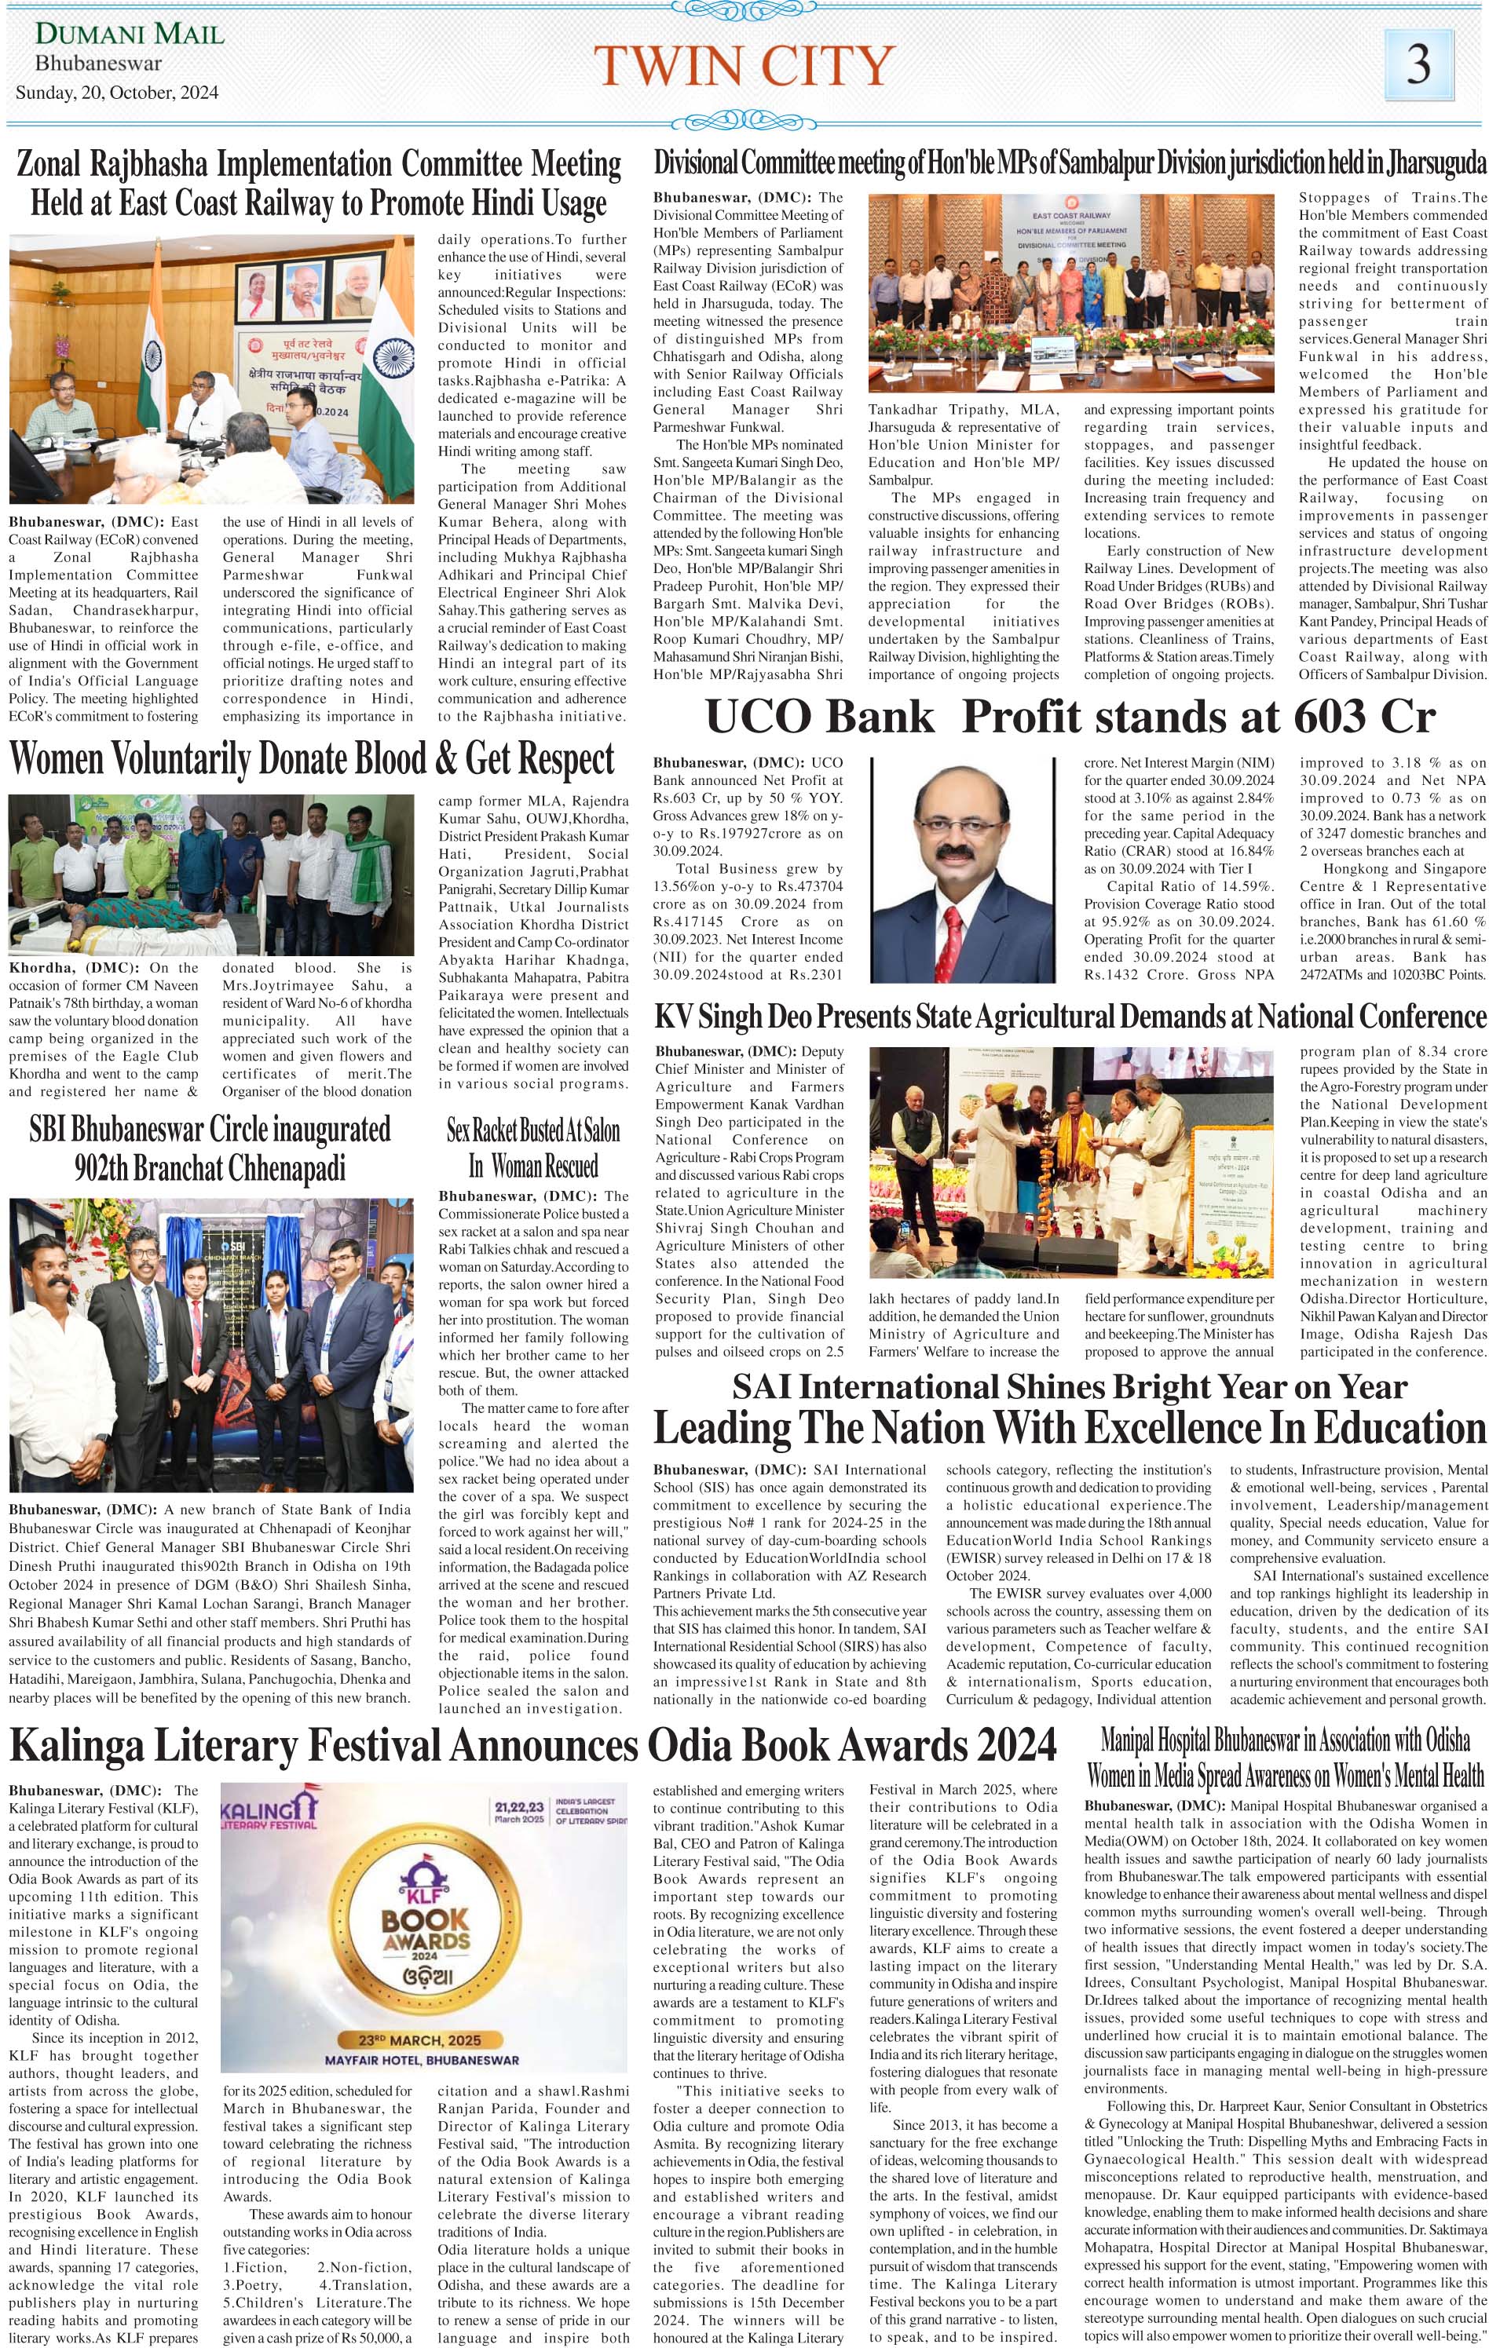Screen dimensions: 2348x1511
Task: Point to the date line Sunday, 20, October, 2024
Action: [x=117, y=93]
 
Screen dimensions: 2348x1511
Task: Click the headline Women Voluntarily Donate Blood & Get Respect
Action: [x=312, y=759]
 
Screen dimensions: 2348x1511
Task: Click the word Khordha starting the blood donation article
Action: [x=40, y=967]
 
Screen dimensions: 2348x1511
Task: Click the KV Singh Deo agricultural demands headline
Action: [x=1070, y=1017]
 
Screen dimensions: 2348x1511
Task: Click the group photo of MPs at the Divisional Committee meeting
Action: [x=1070, y=294]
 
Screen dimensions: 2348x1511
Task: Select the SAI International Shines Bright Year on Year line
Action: [x=1070, y=1388]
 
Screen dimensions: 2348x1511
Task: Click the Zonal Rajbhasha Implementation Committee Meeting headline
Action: [x=318, y=184]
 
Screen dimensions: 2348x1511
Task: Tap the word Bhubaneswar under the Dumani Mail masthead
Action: [x=98, y=64]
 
